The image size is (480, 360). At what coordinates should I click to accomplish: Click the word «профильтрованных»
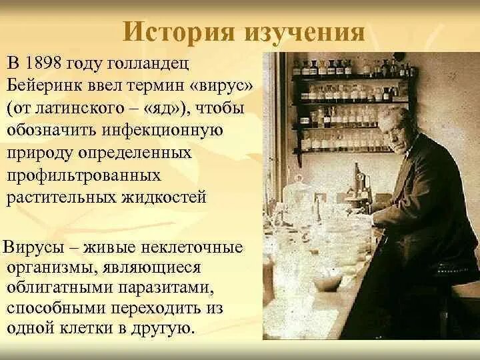pos(84,176)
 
